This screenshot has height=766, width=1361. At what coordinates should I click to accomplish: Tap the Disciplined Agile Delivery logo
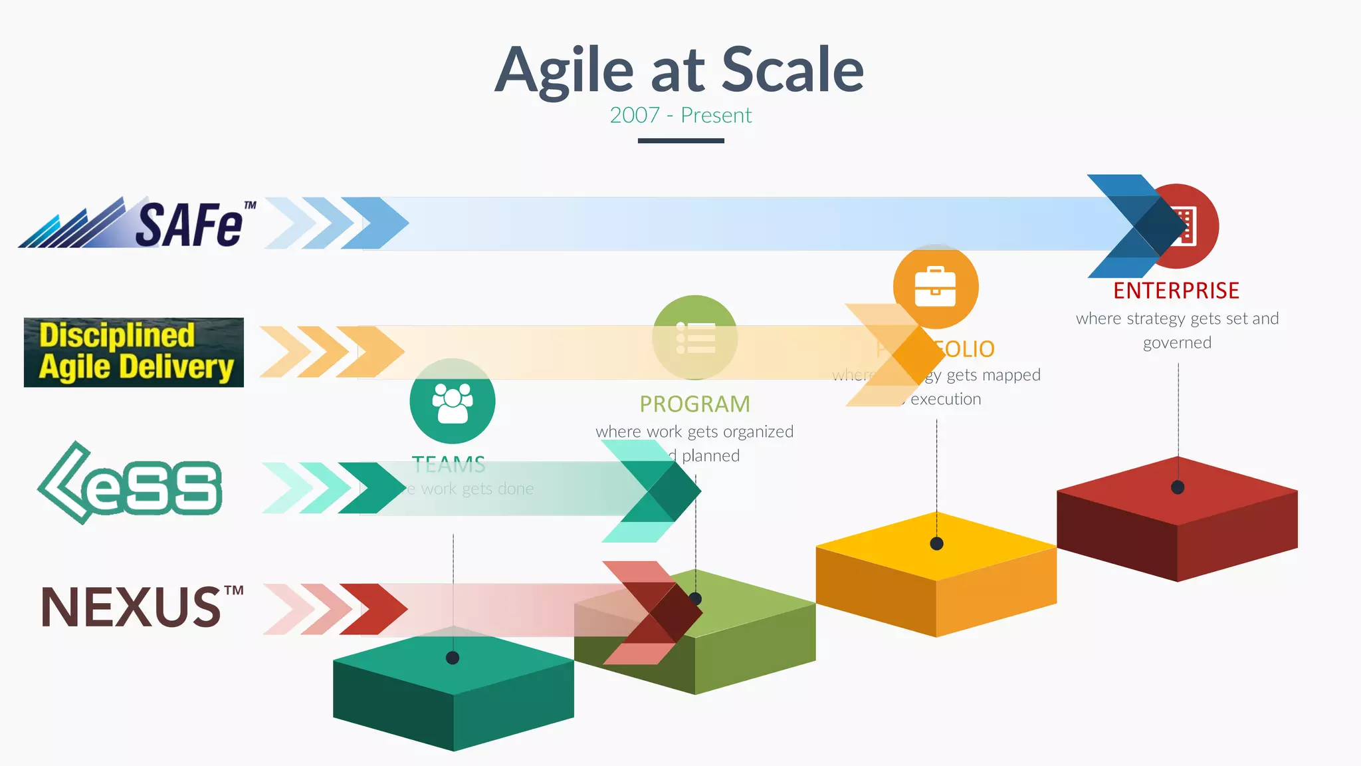[x=134, y=352]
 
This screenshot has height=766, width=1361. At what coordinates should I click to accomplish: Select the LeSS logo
[x=130, y=484]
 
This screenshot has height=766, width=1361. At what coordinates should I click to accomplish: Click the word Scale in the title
[x=792, y=70]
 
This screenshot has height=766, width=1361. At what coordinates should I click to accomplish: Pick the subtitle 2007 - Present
[x=680, y=116]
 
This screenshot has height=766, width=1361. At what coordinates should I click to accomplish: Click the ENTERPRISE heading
[x=1176, y=291]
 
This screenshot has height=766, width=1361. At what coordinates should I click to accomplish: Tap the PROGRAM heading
[x=694, y=404]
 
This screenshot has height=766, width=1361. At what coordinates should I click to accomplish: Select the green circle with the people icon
[x=453, y=401]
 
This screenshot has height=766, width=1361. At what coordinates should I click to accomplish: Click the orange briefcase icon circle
[x=936, y=286]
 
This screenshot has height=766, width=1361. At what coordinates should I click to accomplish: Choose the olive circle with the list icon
[x=695, y=338]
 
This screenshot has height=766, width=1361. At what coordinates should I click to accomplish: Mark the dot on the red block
[x=1178, y=487]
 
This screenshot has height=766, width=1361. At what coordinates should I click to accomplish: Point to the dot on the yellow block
[x=937, y=544]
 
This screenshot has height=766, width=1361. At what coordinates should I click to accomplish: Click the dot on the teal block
[x=453, y=658]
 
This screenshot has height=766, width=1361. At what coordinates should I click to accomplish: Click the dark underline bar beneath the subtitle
[x=680, y=141]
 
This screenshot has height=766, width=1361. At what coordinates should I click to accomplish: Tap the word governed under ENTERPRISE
[x=1177, y=343]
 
